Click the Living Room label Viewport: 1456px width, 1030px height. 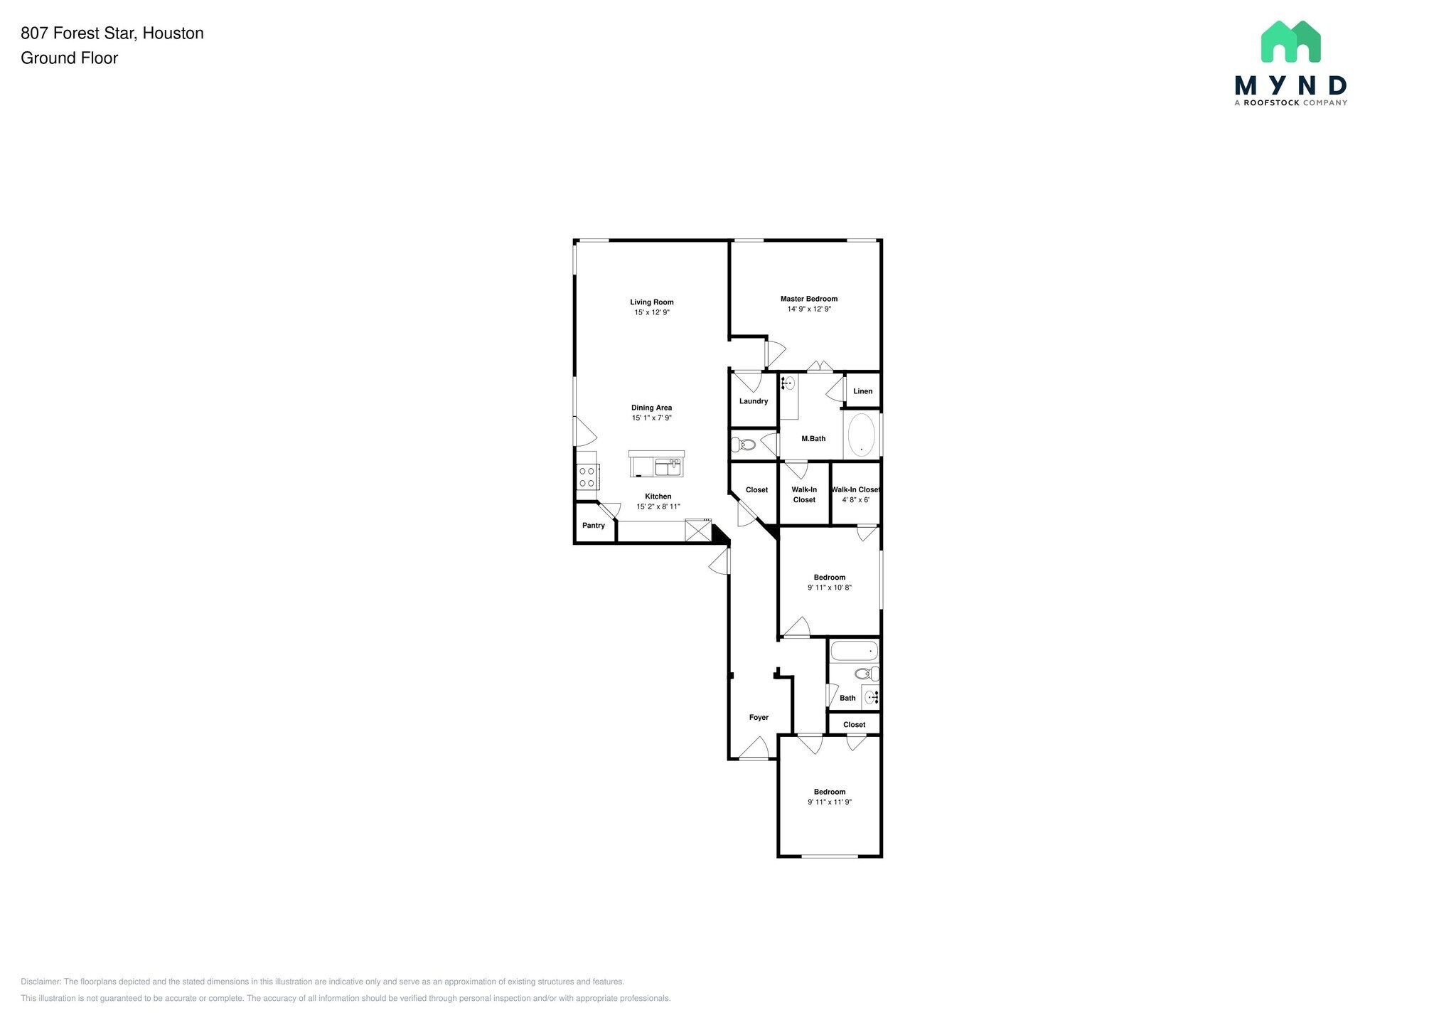pos(651,302)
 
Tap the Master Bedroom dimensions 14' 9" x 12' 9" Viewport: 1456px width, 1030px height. pos(808,309)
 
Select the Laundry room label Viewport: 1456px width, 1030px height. pos(753,401)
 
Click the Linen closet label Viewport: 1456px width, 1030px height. pos(862,391)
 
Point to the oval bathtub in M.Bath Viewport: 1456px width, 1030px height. pos(862,435)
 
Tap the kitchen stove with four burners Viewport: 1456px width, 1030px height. pos(587,477)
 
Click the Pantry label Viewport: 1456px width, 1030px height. pos(593,526)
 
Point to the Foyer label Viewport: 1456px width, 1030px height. pos(759,718)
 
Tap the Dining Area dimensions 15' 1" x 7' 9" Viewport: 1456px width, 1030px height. pos(651,418)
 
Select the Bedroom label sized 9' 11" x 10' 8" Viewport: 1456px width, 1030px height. pos(829,578)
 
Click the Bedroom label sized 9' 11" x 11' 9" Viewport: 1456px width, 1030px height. pos(829,792)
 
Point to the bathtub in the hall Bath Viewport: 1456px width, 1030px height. pos(854,651)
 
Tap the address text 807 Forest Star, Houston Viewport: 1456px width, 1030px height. pos(112,33)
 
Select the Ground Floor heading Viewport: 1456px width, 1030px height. pos(70,58)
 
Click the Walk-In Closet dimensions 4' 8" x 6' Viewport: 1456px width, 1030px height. pos(855,500)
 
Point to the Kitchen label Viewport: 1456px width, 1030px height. pos(658,497)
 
